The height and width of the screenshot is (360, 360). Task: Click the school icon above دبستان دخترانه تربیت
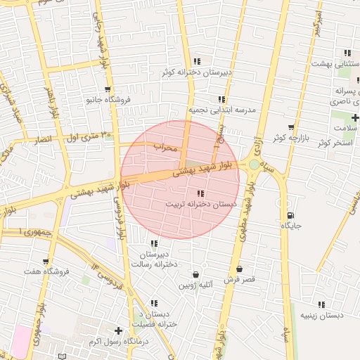(200, 193)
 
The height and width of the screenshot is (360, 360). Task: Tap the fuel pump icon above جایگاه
(290, 215)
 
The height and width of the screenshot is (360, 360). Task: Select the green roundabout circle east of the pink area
(254, 165)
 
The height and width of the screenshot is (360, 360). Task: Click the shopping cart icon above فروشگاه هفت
(46, 262)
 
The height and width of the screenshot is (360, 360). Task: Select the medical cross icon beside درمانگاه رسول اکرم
(118, 330)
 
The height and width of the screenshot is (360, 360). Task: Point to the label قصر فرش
(239, 279)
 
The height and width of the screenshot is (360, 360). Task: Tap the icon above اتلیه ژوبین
(195, 274)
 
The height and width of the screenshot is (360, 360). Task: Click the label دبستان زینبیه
(322, 315)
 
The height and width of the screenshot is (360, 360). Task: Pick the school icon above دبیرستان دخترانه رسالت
(154, 243)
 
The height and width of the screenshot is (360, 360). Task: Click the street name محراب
(168, 146)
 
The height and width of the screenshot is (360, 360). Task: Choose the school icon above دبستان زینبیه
(321, 304)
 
